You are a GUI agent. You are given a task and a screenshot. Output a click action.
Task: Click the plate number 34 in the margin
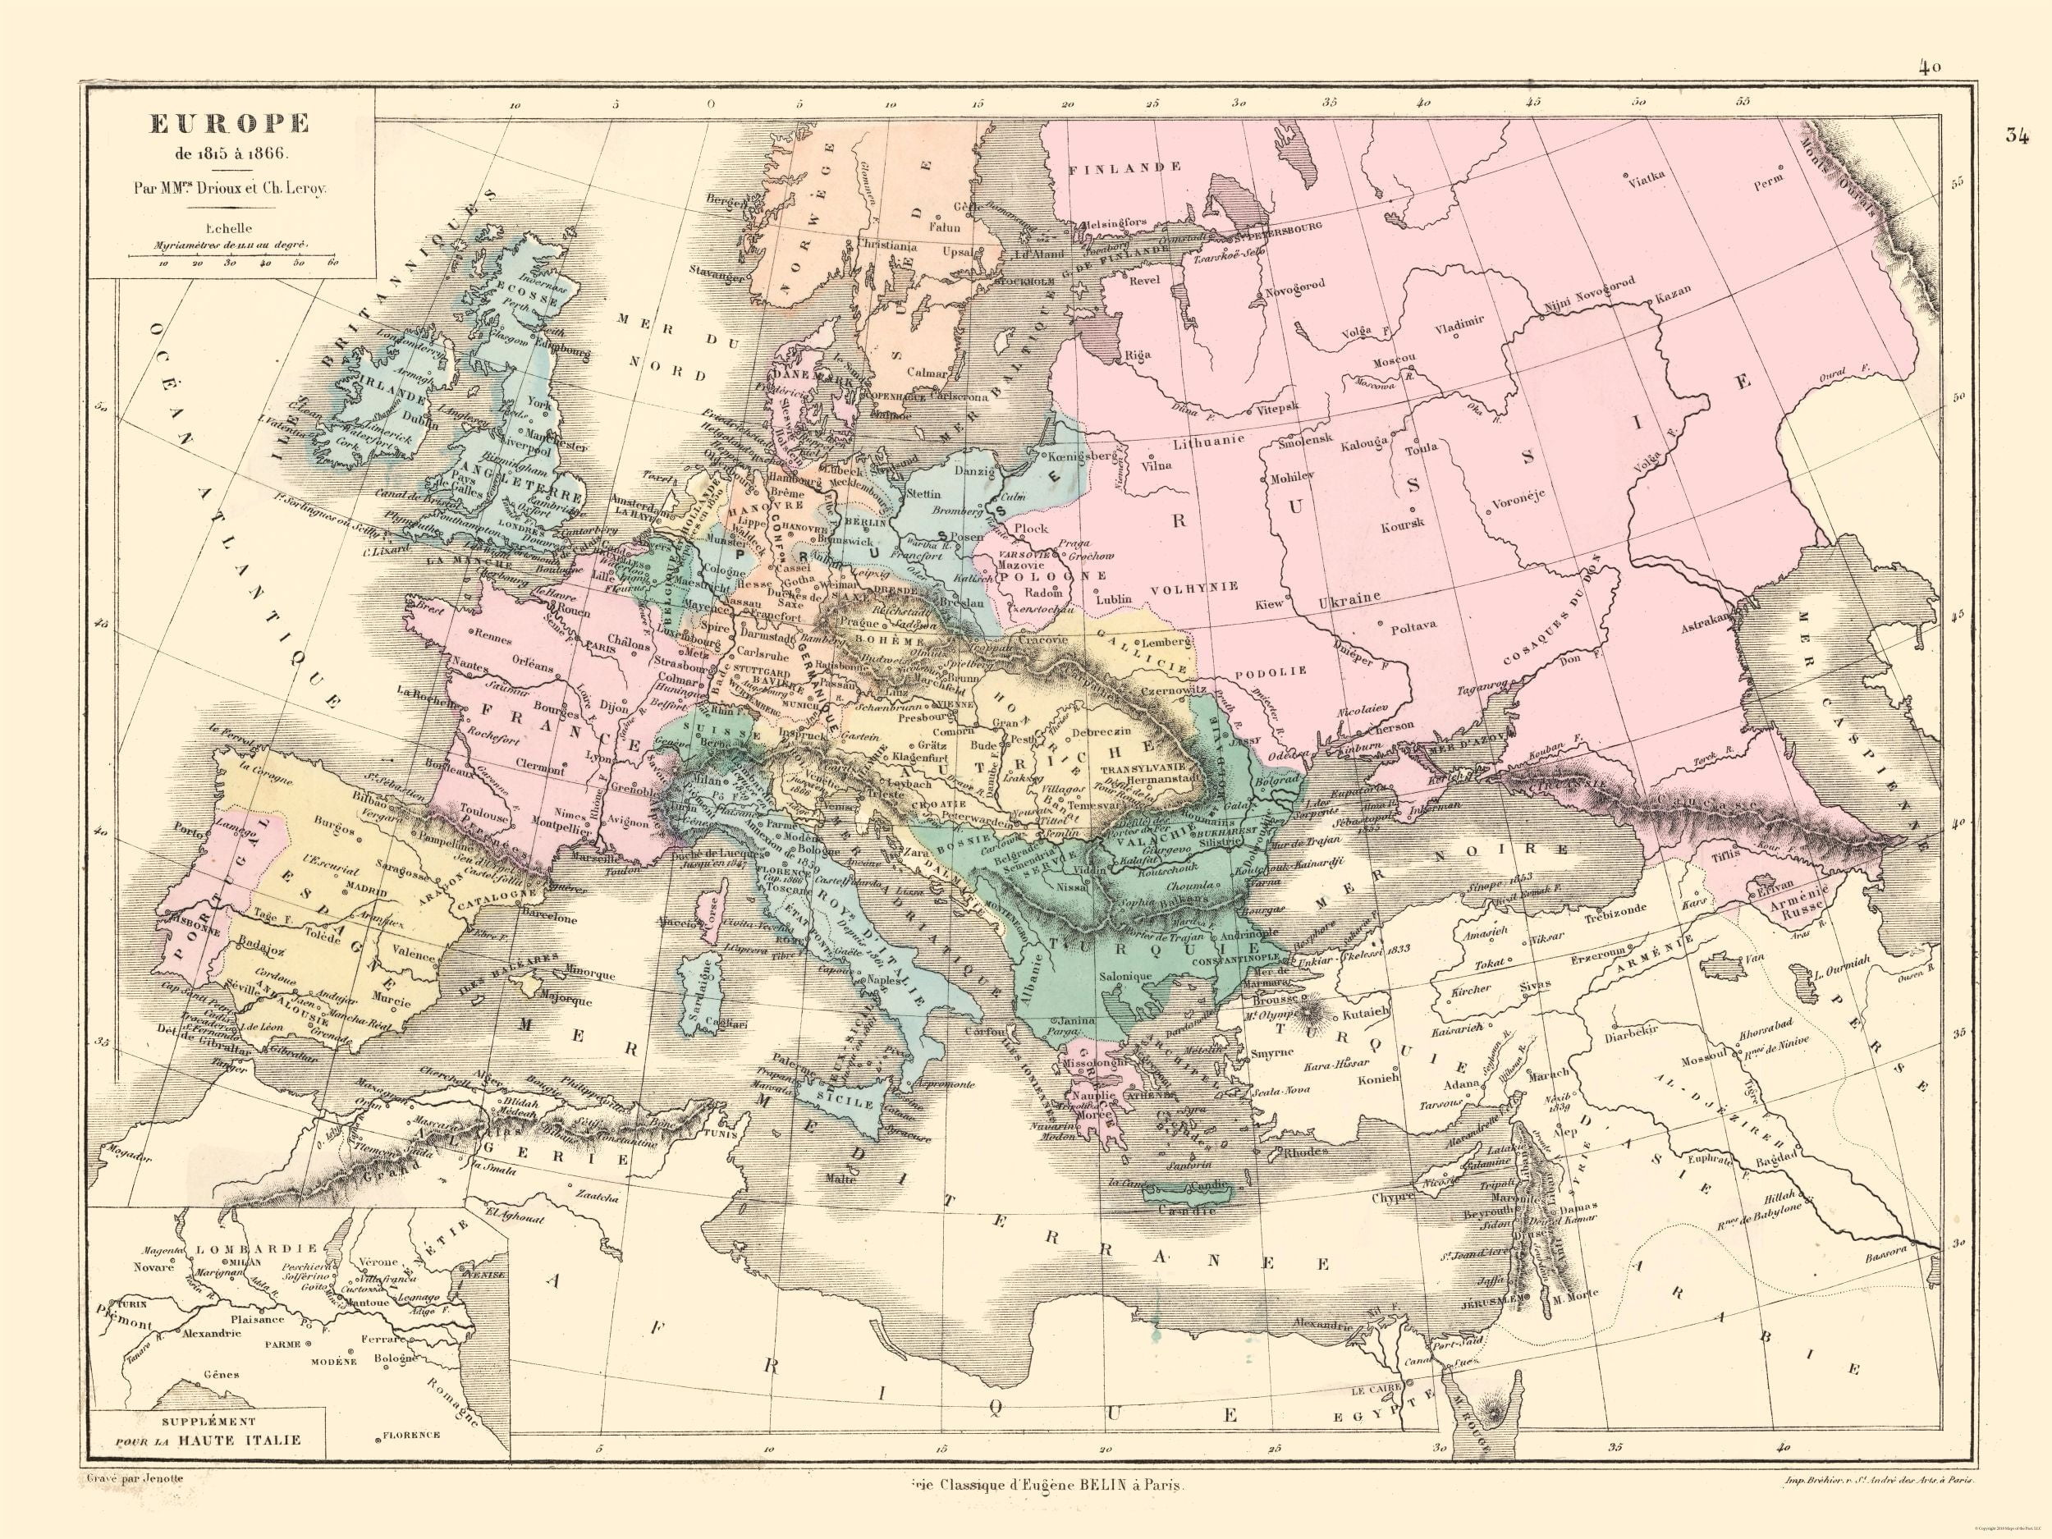[2015, 135]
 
